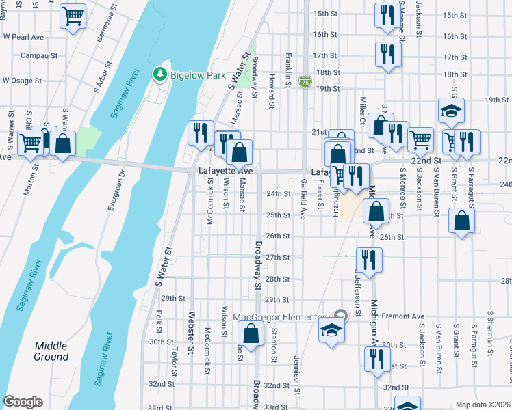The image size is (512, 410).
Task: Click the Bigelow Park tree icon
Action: [160, 72]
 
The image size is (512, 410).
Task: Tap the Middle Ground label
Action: [51, 351]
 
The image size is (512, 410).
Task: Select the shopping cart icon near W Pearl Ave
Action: [73, 15]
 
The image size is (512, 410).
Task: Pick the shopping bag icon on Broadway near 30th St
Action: [251, 334]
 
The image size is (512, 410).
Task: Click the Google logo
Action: [23, 402]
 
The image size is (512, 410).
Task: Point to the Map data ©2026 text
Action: [482, 405]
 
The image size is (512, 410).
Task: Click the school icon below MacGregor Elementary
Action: [332, 331]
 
